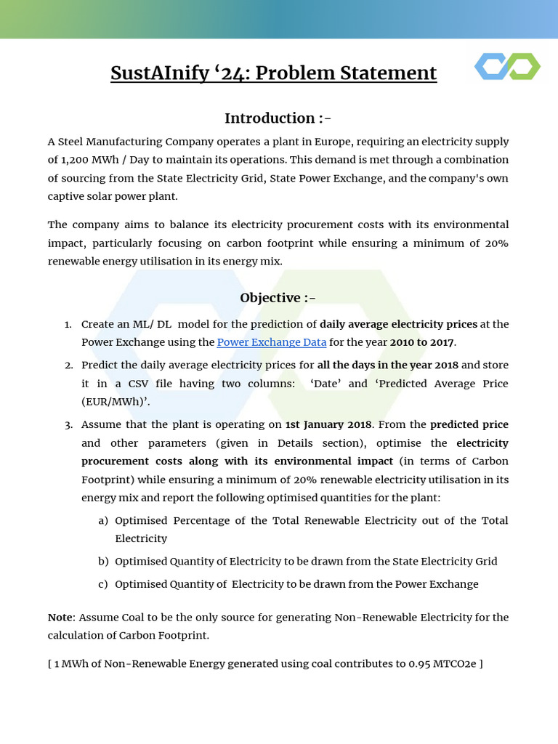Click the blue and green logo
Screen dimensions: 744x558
[507, 66]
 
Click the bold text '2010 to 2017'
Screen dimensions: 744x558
[422, 342]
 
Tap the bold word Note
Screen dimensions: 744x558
[60, 617]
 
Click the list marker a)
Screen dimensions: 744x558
[103, 521]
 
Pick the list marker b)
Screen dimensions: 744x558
[103, 561]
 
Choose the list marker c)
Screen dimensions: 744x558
[103, 584]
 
